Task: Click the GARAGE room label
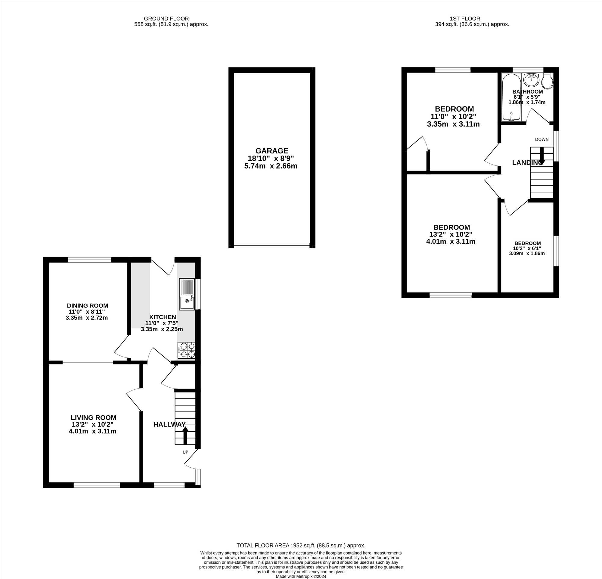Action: [272, 151]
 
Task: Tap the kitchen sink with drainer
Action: [187, 294]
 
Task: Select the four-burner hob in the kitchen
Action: [186, 350]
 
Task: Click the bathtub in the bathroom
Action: [511, 97]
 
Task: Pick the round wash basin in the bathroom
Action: [531, 80]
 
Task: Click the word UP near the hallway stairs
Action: [185, 452]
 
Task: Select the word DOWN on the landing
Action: [542, 139]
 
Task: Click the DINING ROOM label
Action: [88, 306]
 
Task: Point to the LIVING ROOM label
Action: [93, 417]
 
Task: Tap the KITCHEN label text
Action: [163, 317]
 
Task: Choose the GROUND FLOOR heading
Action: [166, 19]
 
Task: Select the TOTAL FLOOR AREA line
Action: [301, 546]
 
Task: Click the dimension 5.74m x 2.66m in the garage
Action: [271, 166]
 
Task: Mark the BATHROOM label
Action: [528, 91]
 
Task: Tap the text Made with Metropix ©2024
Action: [301, 577]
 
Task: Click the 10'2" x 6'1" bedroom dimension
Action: [527, 248]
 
